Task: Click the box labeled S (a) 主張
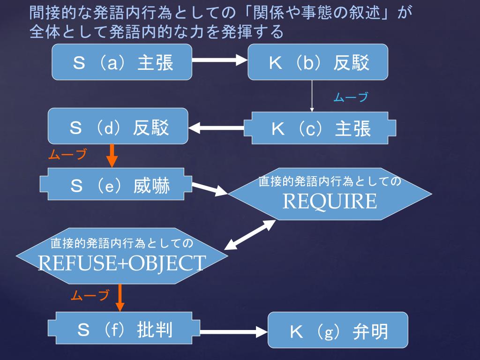122,62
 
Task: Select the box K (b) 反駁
318,62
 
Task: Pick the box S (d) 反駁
118,127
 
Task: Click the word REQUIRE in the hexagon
330,202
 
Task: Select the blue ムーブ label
350,97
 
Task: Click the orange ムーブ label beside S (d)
67,155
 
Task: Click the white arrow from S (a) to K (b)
219,60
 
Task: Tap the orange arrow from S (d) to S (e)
112,156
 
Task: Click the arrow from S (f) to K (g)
233,332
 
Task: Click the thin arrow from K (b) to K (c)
312,96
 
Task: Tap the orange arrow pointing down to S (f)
120,298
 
